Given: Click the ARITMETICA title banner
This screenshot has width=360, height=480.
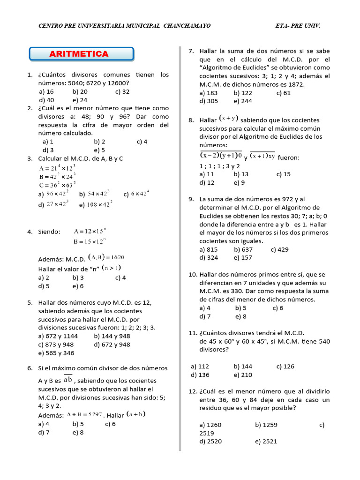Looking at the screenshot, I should [x=82, y=54].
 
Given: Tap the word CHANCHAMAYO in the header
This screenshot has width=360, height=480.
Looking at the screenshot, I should [x=187, y=26].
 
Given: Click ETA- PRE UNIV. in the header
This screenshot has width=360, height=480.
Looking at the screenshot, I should [x=298, y=26].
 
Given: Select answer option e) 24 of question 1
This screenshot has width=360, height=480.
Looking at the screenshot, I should [x=80, y=100].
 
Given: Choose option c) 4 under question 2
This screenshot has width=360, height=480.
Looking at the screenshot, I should [x=142, y=142].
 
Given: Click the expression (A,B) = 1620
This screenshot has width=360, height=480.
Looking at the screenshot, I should [x=106, y=257].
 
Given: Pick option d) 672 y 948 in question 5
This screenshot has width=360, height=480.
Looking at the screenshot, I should [x=112, y=345].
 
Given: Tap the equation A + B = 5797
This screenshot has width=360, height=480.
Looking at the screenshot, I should [x=84, y=414].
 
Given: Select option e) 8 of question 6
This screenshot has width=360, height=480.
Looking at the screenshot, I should [x=78, y=433].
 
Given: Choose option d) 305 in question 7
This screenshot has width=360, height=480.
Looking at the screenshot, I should [x=209, y=101].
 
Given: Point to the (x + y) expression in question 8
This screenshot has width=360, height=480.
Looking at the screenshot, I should [x=229, y=120].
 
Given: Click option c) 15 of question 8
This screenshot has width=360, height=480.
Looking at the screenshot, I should [x=284, y=174].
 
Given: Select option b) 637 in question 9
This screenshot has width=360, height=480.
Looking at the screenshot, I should [x=243, y=249].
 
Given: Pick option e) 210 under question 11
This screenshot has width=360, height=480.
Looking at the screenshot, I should [x=243, y=375].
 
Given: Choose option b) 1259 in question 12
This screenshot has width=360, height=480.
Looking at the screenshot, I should [x=266, y=425].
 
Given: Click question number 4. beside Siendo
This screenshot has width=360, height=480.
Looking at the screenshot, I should [x=30, y=232].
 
